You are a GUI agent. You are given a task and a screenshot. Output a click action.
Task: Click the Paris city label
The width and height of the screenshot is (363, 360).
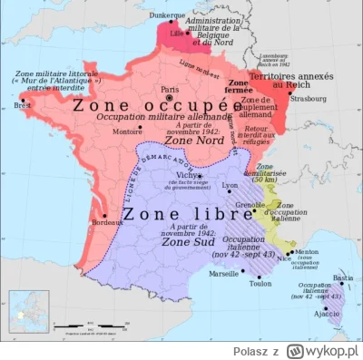click(169, 89)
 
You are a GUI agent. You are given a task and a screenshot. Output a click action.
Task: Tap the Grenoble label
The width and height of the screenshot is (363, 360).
click(250, 206)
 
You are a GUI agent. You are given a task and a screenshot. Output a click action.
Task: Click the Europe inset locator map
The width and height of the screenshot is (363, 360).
click(28, 311)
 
